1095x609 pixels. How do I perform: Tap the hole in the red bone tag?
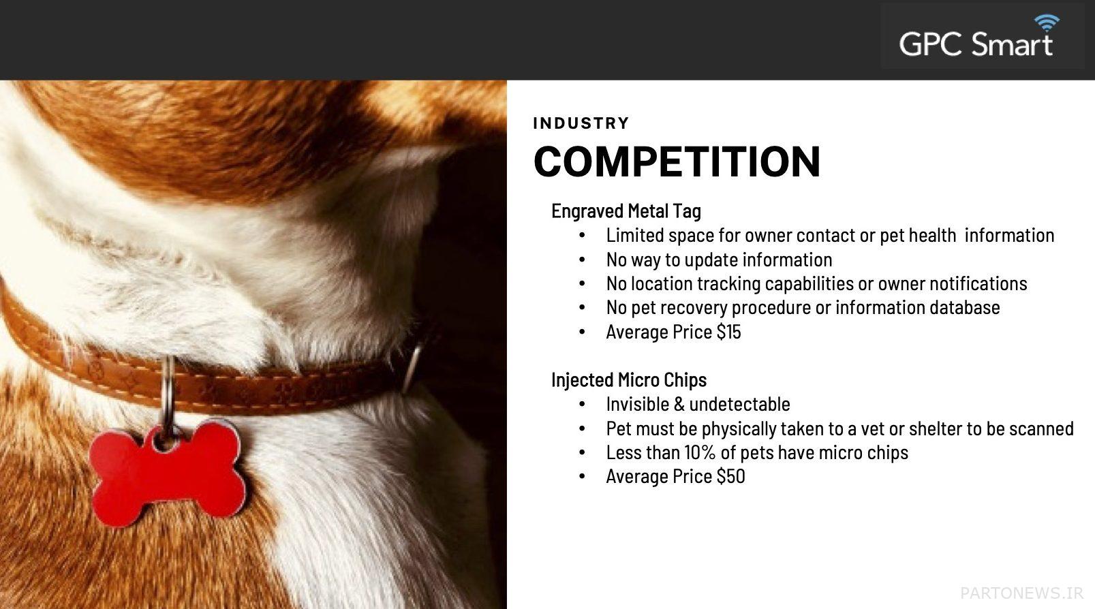coord(165,442)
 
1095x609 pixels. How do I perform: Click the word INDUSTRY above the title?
coord(581,123)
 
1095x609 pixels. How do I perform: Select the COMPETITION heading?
coord(677,161)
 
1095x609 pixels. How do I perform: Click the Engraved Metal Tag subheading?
coord(626,211)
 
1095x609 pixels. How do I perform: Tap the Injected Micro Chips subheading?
coord(629,379)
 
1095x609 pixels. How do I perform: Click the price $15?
coord(729,332)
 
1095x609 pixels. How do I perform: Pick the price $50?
coord(731,476)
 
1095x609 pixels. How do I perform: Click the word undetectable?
coord(739,404)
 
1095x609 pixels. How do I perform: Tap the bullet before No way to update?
coord(582,260)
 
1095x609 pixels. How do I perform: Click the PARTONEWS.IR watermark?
coord(1022,593)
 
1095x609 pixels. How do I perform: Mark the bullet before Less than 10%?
coord(582,452)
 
